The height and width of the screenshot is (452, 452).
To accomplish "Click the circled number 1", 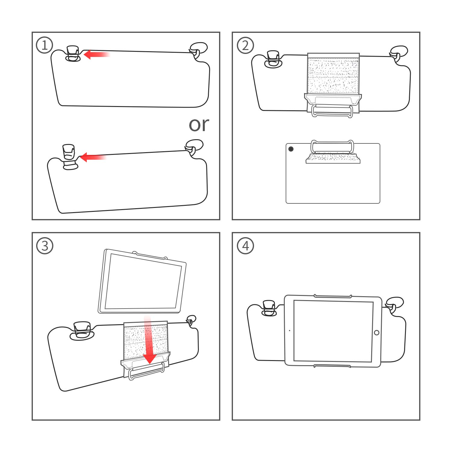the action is point(45,45).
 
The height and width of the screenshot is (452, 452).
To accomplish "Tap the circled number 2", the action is point(245,45).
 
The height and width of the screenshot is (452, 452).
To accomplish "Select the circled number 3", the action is point(45,246).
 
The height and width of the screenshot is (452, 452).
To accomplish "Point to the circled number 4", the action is point(245,246).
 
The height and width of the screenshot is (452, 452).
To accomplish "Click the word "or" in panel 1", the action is point(199,124).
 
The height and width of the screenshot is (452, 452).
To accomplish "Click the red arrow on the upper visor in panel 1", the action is point(96,55).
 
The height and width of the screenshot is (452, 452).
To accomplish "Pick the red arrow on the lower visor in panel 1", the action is point(93,157).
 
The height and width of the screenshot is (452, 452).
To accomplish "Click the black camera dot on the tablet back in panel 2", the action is point(291,149).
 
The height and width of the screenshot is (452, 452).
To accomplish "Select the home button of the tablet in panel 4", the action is point(376,333).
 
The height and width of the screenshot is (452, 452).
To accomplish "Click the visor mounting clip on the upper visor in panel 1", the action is point(73,54).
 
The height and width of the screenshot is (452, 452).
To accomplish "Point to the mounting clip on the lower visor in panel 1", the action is point(69,157).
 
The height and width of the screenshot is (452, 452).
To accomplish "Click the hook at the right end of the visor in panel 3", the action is point(191,320).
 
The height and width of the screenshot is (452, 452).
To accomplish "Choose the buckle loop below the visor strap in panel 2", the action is point(332,111).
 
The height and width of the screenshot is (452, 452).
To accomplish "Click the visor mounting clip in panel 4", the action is point(269,308).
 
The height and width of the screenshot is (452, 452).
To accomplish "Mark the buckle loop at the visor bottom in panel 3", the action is point(146,371).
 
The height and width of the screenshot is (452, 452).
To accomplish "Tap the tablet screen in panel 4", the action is point(333,331).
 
